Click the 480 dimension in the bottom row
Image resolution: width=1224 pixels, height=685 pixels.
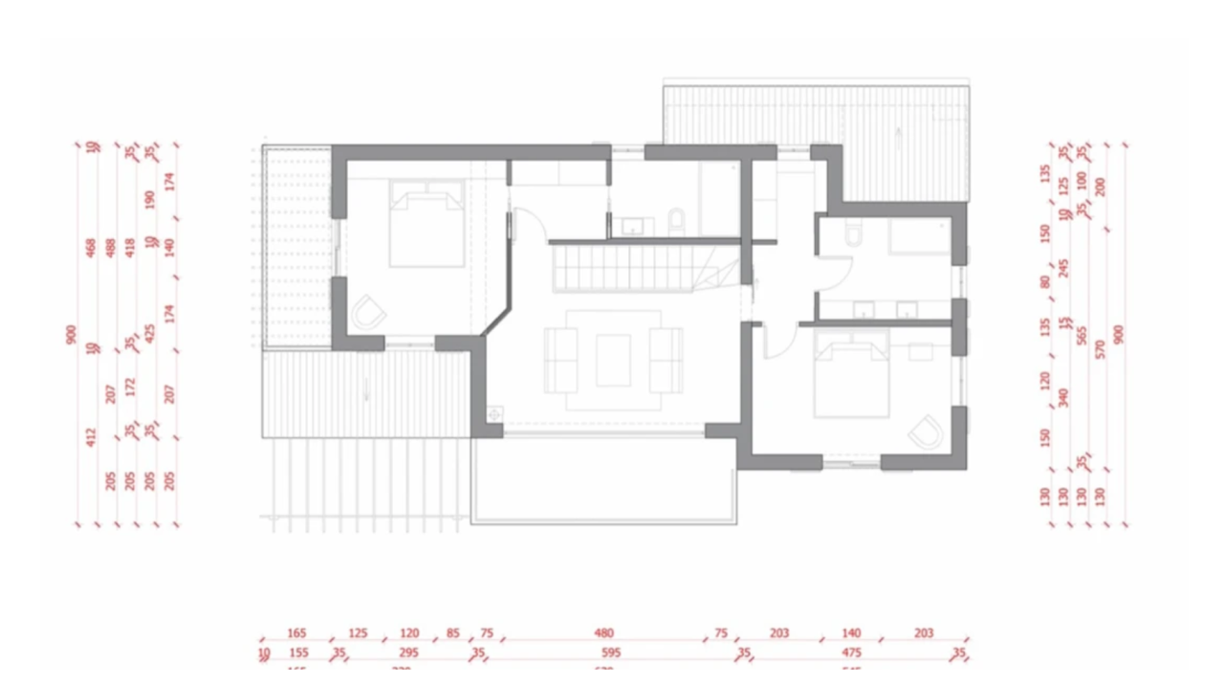[x=603, y=633]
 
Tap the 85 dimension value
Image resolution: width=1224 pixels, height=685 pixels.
[x=452, y=633]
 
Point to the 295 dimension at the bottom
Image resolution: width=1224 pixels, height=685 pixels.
[x=408, y=654]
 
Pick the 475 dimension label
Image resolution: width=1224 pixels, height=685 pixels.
[x=851, y=654]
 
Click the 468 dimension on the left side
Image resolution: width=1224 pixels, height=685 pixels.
[x=92, y=248]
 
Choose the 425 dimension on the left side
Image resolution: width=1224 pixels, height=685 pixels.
[x=149, y=334]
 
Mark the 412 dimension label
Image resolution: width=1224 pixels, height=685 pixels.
[x=92, y=437]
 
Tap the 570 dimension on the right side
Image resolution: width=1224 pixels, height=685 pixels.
[x=1100, y=349]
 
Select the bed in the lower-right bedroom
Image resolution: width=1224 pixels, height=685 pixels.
[x=851, y=382]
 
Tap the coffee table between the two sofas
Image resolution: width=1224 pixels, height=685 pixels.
[x=613, y=360]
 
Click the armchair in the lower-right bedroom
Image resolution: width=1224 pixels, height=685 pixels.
[x=925, y=432]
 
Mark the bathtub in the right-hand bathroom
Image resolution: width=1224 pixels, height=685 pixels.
[x=919, y=236]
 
